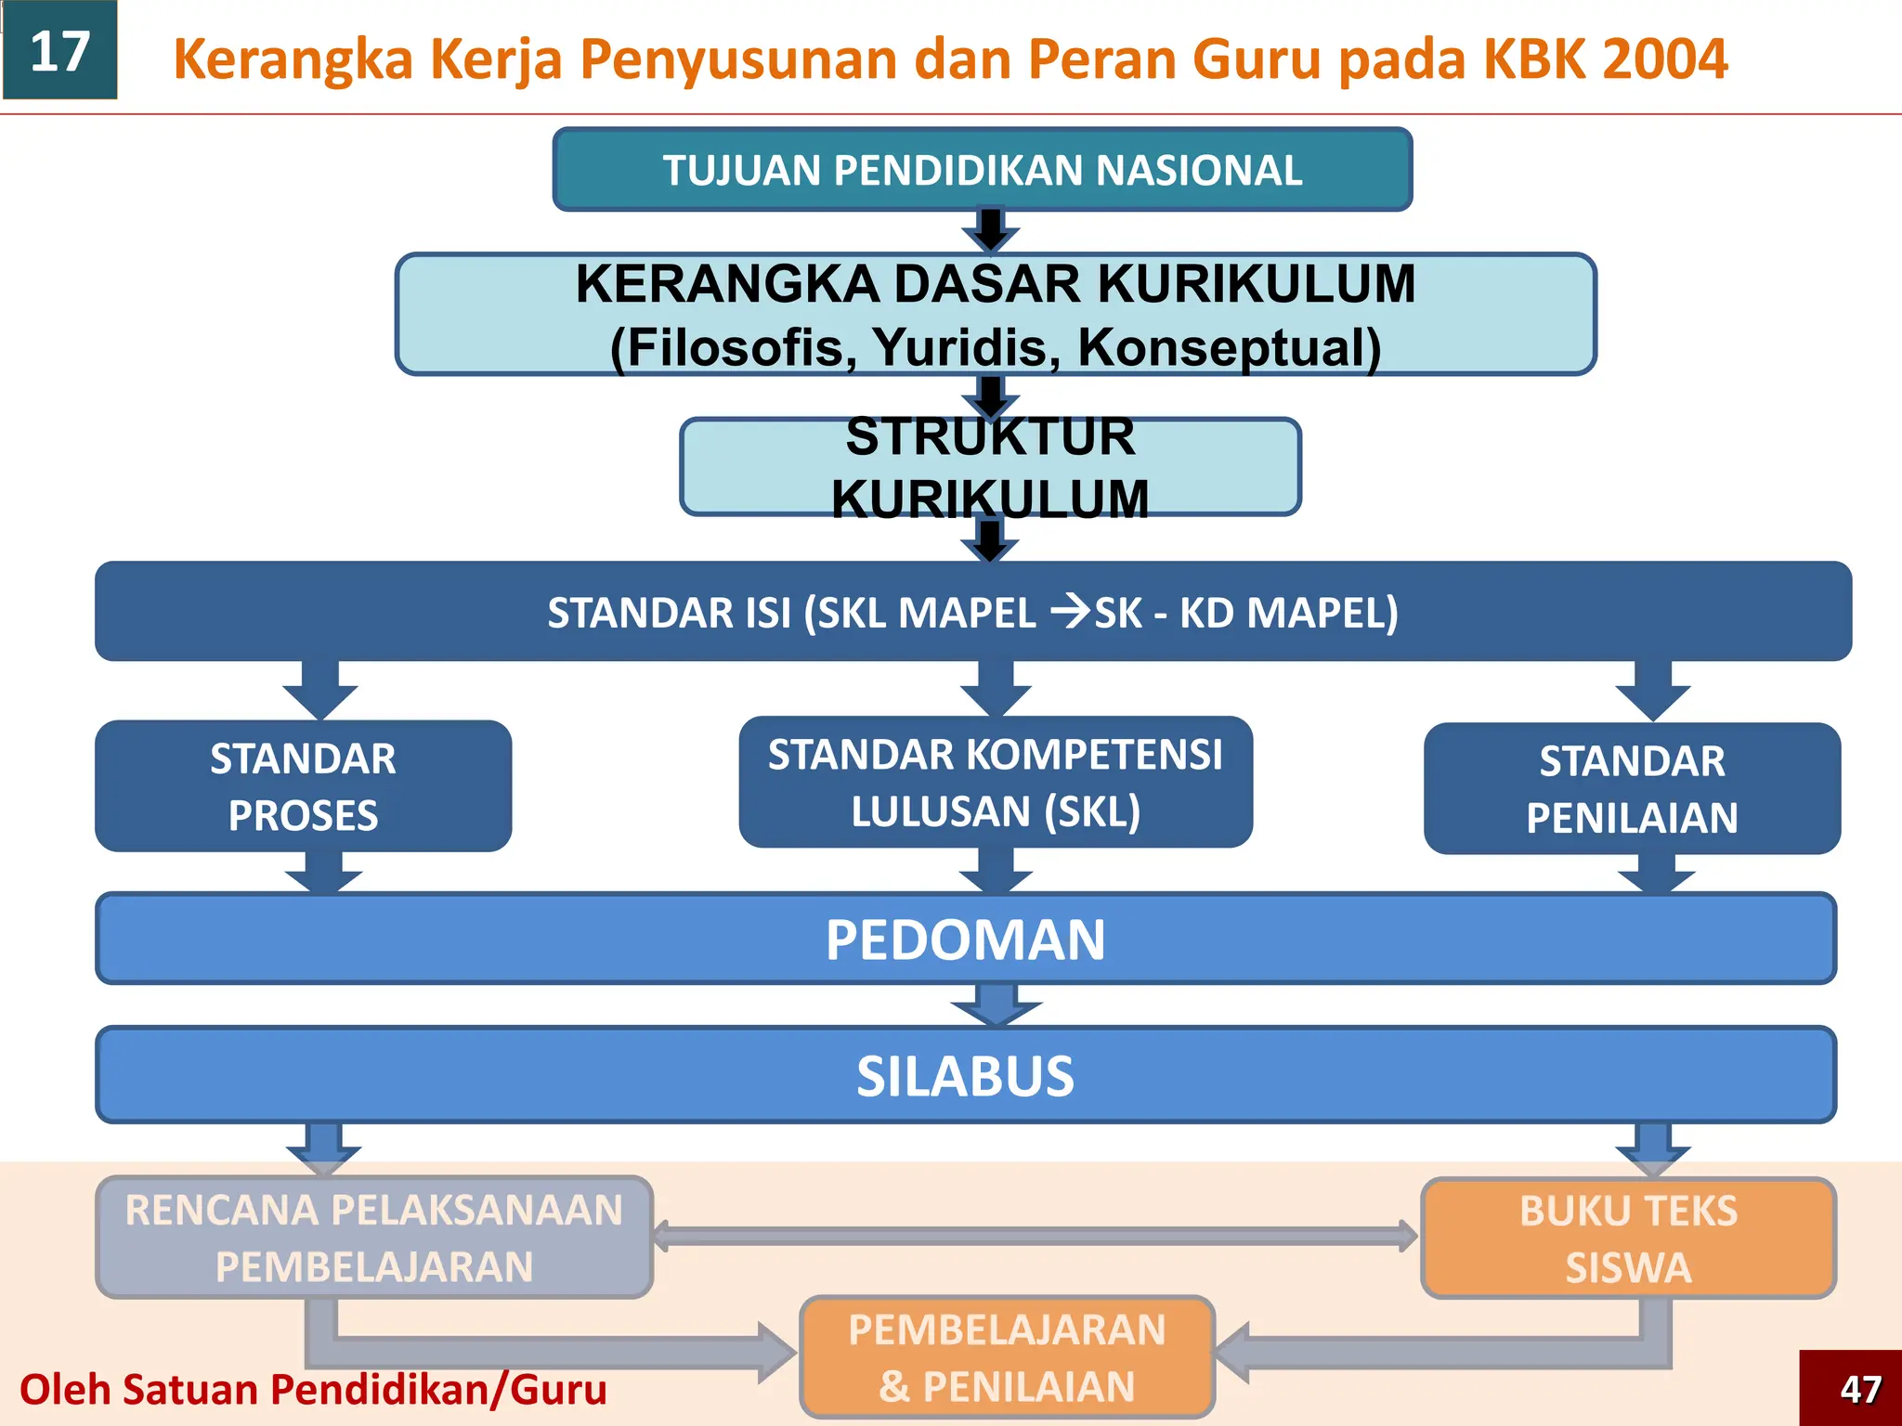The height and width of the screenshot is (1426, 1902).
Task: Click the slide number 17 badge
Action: pos(59,50)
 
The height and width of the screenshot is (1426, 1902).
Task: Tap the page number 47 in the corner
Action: pos(1859,1389)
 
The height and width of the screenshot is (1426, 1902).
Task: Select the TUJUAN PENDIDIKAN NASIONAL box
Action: pos(982,170)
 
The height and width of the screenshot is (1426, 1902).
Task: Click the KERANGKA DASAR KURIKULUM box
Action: pos(995,314)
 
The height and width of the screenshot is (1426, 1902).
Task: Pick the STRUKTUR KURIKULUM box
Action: pos(990,467)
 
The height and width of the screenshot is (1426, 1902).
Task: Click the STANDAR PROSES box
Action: pos(303,786)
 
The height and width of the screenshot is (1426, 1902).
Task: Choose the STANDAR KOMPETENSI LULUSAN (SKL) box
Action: pos(995,782)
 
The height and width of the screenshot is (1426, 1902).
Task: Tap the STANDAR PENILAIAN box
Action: pos(1632,788)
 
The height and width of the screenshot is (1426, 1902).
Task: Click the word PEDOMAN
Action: pos(965,940)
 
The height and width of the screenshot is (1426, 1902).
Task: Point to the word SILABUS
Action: pos(965,1076)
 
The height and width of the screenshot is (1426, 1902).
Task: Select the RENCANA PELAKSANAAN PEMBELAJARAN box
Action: pos(373,1238)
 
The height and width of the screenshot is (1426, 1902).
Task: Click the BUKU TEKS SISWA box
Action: pos(1628,1238)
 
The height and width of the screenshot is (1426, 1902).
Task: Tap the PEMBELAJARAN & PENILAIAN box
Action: pos(1007,1357)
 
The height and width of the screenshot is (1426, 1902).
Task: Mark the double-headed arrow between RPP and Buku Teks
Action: pos(1035,1236)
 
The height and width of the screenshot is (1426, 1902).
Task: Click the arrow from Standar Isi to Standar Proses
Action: pos(320,690)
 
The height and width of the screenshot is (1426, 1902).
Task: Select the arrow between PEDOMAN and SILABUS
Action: pos(997,1005)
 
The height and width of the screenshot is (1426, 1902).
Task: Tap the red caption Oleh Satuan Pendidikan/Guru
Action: pos(313,1390)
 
